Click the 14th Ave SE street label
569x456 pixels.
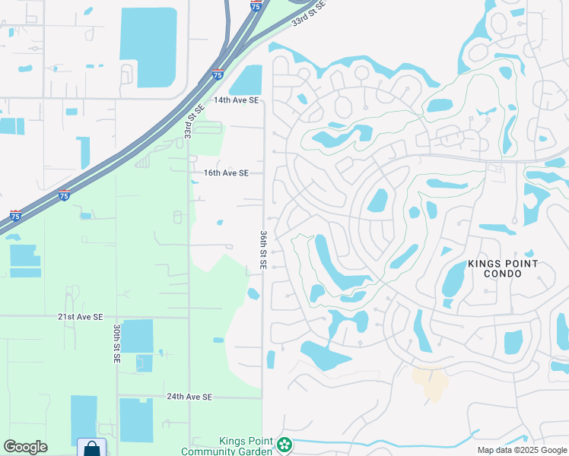[237, 100]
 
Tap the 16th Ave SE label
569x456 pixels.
[226, 173]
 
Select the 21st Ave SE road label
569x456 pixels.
[80, 316]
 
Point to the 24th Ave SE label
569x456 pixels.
[189, 397]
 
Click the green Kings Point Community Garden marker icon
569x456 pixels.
[284, 445]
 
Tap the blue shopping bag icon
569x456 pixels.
[91, 448]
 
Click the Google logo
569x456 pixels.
[25, 447]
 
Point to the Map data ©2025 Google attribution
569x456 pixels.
[522, 450]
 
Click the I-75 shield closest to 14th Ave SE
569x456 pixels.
[218, 74]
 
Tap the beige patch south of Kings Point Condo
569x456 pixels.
[430, 384]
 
